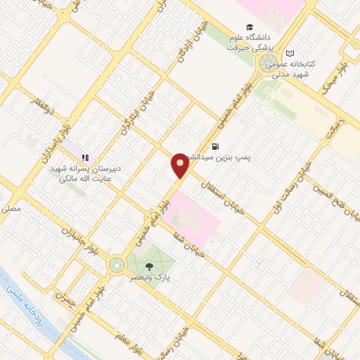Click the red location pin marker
pyautogui.click(x=180, y=165)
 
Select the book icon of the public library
pyautogui.click(x=290, y=53)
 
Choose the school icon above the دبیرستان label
pyautogui.click(x=84, y=158)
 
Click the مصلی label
pyautogui.click(x=11, y=209)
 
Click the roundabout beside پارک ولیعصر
pyautogui.click(x=115, y=265)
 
